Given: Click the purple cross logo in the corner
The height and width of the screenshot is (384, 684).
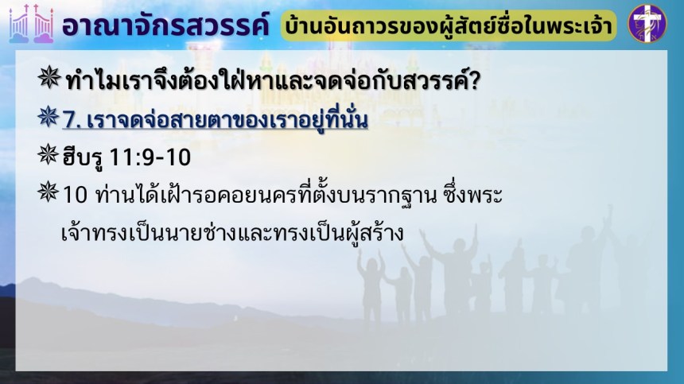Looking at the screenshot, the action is tap(647, 23).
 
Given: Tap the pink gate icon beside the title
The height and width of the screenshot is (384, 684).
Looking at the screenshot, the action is tap(31, 24).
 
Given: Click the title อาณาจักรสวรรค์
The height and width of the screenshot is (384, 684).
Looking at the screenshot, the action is tap(165, 25).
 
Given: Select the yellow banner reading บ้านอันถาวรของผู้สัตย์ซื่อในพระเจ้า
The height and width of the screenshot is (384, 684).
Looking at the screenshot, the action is tap(449, 25).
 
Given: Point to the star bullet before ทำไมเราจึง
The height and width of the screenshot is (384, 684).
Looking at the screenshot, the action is tap(49, 78).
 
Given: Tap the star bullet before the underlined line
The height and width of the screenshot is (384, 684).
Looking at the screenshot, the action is tap(49, 117).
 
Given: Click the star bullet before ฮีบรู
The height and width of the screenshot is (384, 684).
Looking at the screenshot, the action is tap(49, 154).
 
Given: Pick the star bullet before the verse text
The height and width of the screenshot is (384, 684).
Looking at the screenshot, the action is tap(49, 192).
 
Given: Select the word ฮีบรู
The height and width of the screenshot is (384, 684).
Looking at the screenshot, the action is tap(83, 157).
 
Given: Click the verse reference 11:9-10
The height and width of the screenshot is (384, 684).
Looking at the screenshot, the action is tap(150, 157).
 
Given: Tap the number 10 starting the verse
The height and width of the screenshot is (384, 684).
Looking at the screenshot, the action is tap(75, 195).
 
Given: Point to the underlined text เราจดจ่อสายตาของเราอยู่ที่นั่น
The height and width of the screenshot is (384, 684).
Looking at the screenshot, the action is tap(227, 119).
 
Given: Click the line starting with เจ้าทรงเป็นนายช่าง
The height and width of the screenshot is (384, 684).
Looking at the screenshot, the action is tap(232, 233).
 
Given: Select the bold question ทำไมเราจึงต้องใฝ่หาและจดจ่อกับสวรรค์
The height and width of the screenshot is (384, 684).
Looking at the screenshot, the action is tap(266, 80).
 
